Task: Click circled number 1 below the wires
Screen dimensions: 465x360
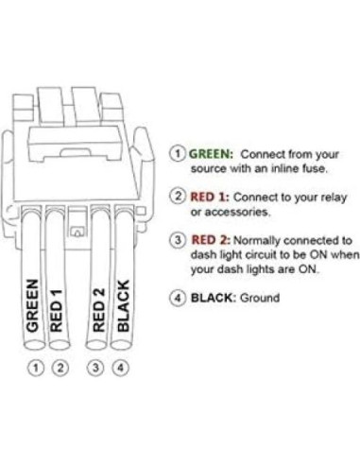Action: point(35,366)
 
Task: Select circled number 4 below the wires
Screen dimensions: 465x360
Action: point(121,366)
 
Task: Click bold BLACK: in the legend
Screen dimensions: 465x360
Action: point(214,298)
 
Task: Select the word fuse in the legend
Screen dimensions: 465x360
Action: point(314,167)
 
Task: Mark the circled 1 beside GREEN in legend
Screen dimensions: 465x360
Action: point(177,152)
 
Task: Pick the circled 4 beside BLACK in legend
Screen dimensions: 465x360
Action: point(177,298)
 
